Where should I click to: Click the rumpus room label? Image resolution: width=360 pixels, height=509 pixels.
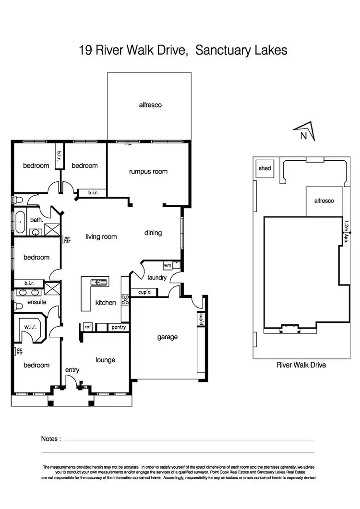[x=148, y=171]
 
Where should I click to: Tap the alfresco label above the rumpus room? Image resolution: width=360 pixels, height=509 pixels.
[x=149, y=105]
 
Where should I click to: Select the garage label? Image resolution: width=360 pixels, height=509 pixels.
[x=167, y=337]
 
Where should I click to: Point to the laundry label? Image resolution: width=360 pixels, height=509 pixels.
[x=157, y=277]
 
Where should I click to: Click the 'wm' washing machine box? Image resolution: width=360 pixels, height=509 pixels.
[x=167, y=265]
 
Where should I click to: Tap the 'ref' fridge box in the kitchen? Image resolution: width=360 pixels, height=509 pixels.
[x=88, y=327]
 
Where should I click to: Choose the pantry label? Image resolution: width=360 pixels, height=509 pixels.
[x=118, y=327]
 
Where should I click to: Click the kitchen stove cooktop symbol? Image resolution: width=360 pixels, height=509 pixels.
[x=125, y=300]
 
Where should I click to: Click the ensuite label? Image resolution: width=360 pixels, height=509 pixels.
[x=36, y=302]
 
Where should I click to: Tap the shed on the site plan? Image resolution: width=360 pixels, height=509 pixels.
[x=264, y=168]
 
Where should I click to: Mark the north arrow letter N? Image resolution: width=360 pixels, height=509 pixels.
[x=303, y=136]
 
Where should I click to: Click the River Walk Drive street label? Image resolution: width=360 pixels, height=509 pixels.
[x=301, y=365]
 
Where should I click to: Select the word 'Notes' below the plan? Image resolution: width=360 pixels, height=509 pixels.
[x=51, y=438]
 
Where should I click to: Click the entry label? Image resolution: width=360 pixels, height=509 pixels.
[x=72, y=370]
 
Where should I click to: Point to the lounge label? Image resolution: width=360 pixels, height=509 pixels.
[x=105, y=360]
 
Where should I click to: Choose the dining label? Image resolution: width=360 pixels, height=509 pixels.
[x=153, y=233]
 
